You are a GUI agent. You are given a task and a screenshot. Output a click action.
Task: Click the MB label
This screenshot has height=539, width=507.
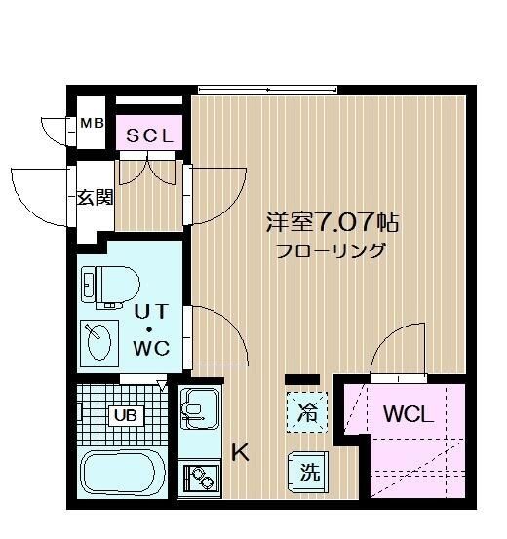(92, 123)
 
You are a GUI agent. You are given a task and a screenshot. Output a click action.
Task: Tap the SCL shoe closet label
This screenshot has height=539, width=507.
(147, 136)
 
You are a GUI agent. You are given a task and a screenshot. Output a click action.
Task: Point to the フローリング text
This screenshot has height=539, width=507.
(330, 250)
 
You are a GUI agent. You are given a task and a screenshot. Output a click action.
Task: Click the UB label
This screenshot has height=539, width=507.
(125, 415)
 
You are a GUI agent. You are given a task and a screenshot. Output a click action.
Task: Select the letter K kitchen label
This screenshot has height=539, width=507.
(240, 452)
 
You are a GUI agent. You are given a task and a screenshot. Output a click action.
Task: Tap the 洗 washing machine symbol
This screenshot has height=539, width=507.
(308, 473)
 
